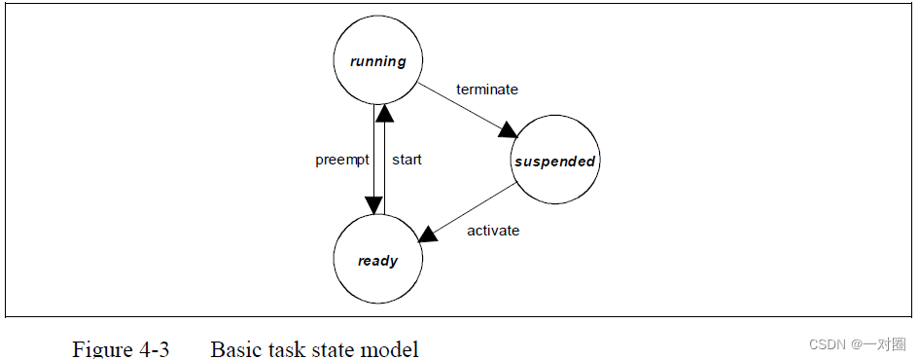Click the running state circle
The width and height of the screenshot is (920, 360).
(x=377, y=61)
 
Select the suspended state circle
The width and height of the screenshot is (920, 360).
(x=554, y=162)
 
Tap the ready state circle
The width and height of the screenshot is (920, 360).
(x=377, y=260)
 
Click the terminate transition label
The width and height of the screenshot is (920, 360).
(x=487, y=90)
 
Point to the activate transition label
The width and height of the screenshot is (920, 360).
(x=493, y=231)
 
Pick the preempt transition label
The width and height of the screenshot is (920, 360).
(x=341, y=160)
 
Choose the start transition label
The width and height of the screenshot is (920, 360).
(x=407, y=160)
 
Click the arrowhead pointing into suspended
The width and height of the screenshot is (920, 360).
(x=508, y=128)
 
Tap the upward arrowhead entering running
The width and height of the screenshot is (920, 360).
(x=383, y=116)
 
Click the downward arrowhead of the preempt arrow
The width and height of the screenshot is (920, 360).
(x=373, y=204)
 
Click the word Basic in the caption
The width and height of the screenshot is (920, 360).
(x=234, y=348)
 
